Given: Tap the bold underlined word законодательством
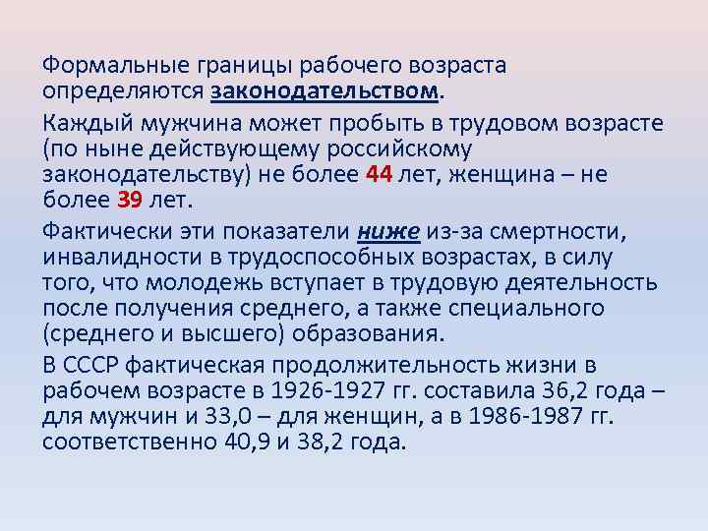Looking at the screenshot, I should (324, 91).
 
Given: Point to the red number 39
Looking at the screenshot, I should (130, 202).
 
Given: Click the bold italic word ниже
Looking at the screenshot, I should (388, 231).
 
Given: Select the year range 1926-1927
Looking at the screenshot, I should (353, 392).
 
